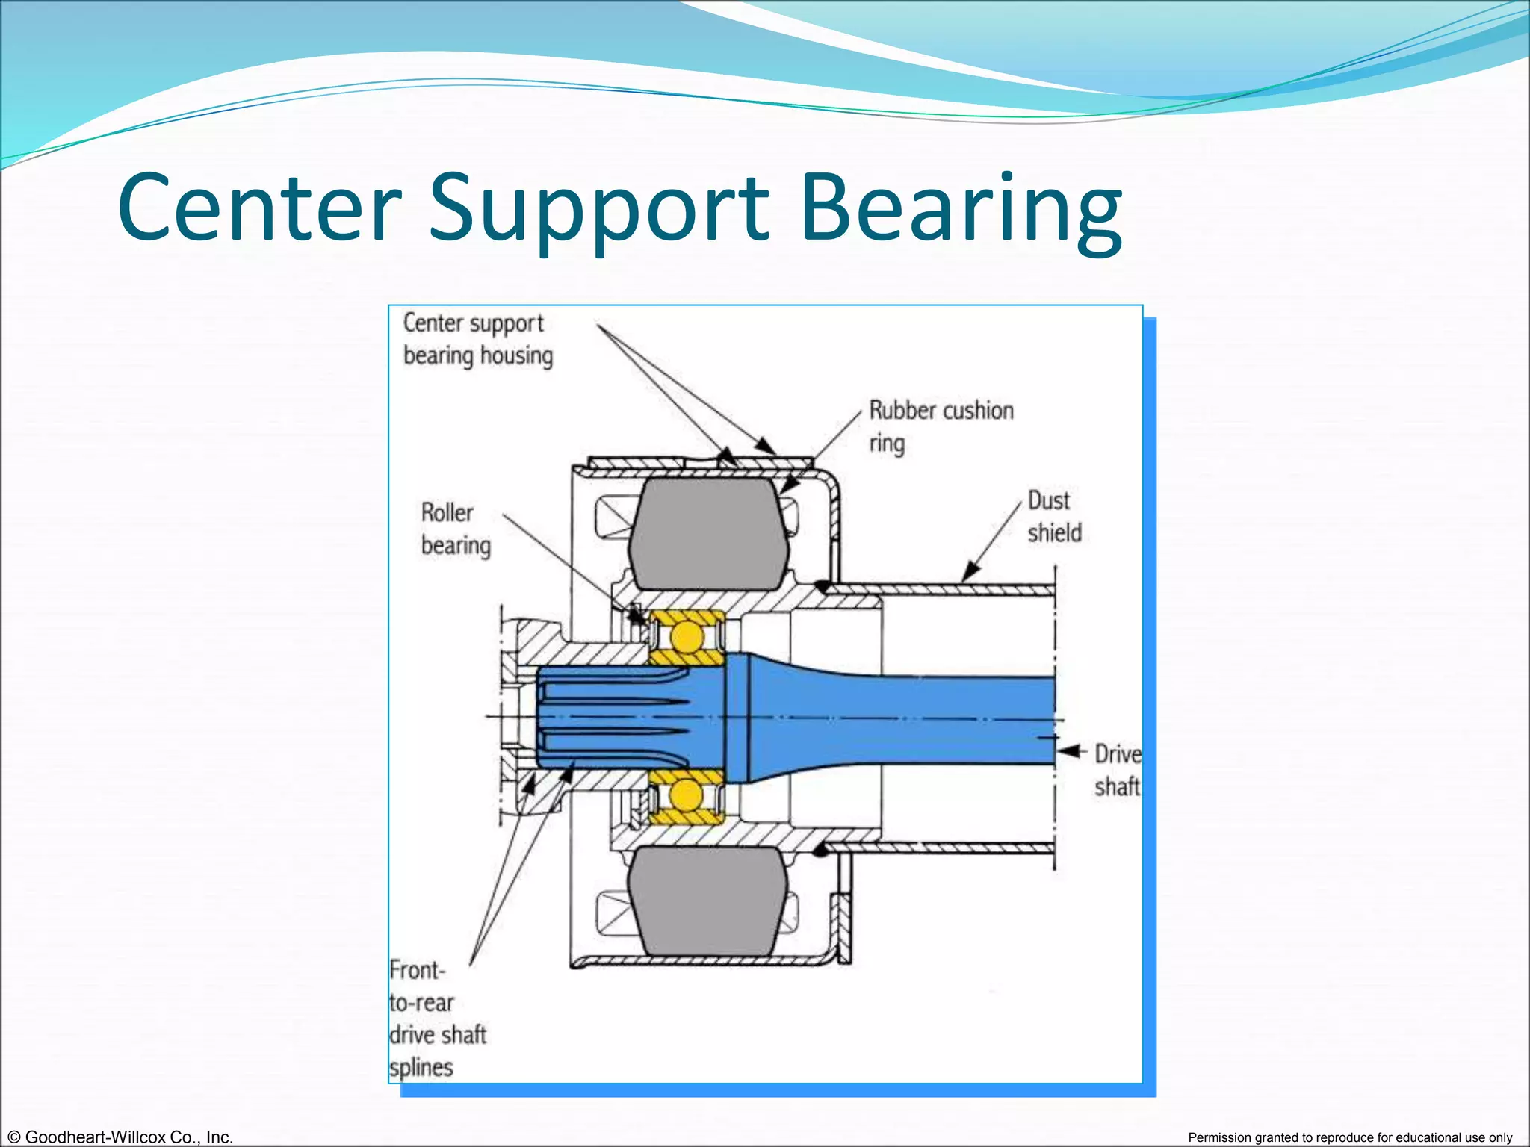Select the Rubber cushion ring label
[940, 426]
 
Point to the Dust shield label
[1053, 516]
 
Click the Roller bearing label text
[455, 529]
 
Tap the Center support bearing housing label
[477, 339]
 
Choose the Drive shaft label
[1117, 770]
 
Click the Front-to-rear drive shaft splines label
[436, 1019]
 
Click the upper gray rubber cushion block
[707, 533]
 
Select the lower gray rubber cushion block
[707, 901]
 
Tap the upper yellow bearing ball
[686, 638]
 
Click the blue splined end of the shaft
[613, 717]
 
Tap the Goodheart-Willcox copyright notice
[117, 1137]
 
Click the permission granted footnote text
[1350, 1137]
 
